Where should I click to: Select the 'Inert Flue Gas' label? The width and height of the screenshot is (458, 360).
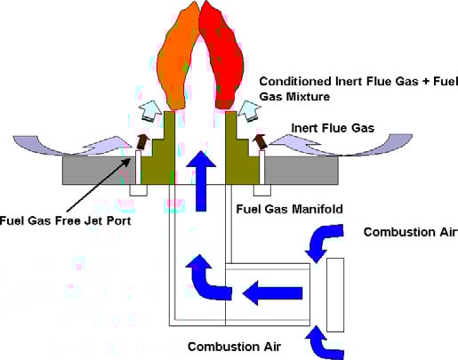[333, 128]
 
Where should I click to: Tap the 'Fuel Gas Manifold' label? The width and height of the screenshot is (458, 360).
[289, 209]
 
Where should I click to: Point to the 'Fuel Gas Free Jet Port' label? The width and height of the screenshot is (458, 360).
[65, 221]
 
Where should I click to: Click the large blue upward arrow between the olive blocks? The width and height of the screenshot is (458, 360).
[201, 180]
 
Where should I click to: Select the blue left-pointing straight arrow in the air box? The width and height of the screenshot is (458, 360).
[272, 293]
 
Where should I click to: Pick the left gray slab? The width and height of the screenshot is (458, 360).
[99, 171]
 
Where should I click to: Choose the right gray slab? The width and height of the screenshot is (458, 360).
[301, 171]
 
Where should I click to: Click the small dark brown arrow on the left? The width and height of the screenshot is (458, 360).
[142, 141]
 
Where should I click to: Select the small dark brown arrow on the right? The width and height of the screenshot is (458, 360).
[261, 141]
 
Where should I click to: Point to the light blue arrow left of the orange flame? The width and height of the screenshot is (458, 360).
[150, 111]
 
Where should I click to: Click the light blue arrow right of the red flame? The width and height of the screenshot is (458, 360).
[249, 111]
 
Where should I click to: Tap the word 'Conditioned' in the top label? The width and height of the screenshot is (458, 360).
[295, 82]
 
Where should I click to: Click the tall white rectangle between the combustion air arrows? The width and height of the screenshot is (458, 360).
[335, 295]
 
